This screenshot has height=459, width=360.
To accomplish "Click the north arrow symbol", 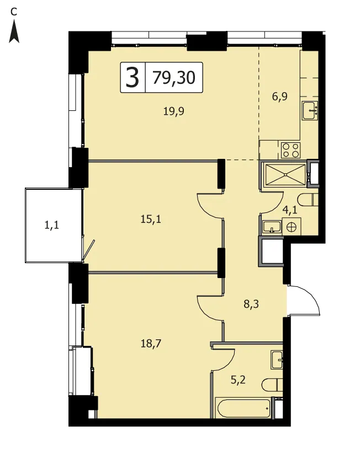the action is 14,32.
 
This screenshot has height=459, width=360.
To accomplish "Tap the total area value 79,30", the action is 174,78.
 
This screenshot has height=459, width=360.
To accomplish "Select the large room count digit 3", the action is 132,77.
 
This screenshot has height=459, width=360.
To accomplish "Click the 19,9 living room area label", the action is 174,111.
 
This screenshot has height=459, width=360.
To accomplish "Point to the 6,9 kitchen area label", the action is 280,97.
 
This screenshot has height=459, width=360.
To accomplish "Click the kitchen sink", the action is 310,110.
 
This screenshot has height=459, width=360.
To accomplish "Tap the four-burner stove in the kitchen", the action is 290,150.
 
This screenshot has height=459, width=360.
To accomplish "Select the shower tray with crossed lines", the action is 285,175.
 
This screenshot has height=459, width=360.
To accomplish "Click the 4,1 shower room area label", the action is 290,210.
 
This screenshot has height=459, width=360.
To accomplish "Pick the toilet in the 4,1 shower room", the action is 308,200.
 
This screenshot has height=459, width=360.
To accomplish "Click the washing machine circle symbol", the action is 292,227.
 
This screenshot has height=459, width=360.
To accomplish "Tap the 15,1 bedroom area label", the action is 151,219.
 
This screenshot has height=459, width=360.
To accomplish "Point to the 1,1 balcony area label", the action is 51,225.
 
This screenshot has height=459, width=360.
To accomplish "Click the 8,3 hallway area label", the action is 251,304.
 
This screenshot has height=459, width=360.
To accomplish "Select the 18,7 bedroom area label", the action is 151,343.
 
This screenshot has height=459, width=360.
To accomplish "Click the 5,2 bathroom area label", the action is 238,380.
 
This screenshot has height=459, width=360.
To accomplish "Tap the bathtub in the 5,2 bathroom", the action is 243,408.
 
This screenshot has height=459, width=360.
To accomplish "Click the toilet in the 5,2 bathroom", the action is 272,385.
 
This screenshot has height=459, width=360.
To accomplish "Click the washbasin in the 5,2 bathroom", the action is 277,360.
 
